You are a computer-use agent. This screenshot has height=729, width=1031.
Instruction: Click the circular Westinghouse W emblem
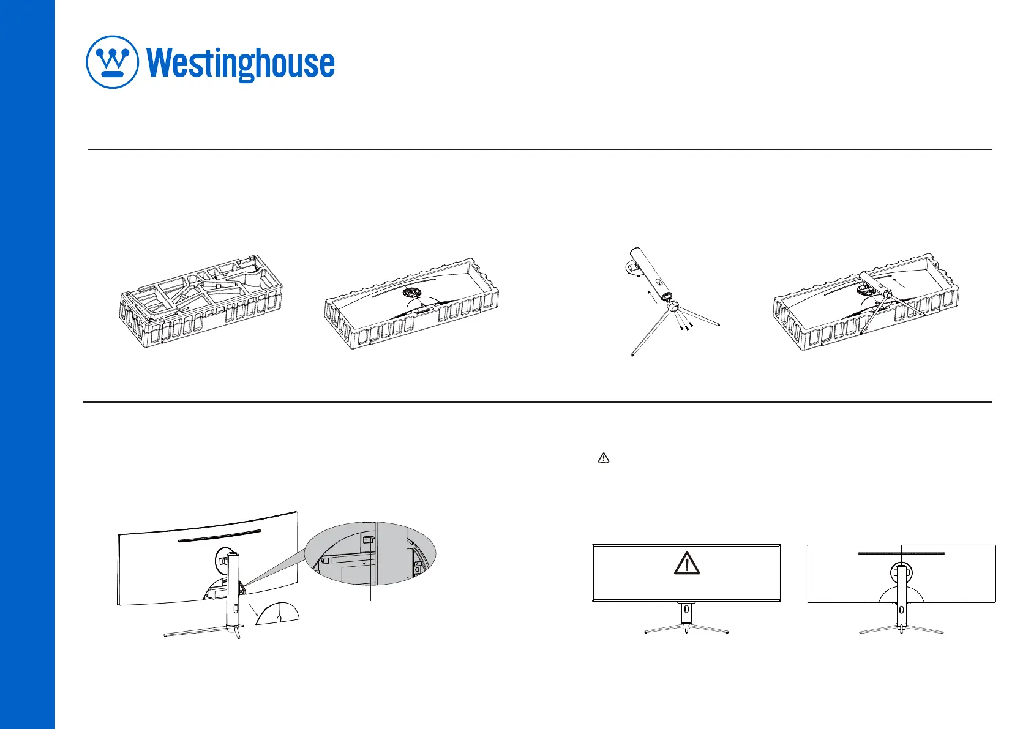113,62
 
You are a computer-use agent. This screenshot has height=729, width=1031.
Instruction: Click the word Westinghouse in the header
241,64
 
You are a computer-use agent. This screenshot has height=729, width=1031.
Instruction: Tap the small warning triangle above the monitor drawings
603,458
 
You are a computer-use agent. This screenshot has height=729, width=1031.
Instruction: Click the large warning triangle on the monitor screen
687,563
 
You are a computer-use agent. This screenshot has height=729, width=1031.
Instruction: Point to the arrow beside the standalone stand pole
656,297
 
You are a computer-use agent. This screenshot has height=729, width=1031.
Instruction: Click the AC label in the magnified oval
322,560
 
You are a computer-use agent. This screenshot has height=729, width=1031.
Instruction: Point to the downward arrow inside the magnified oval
365,558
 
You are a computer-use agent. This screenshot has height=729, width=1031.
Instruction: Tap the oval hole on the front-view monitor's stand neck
686,609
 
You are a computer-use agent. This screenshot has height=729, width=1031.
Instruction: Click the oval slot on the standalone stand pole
658,283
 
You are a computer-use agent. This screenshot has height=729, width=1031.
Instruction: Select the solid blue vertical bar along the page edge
28,364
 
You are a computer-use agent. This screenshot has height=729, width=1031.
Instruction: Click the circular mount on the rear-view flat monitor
901,574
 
